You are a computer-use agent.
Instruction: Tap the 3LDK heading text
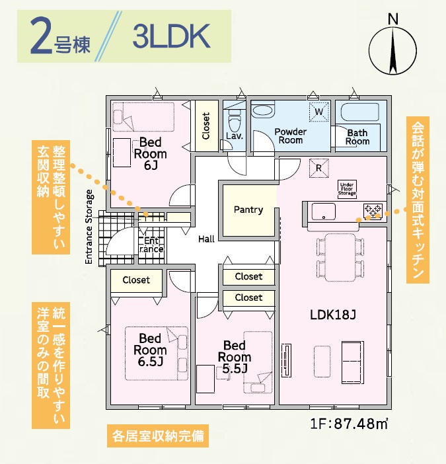pyautogui.click(x=171, y=37)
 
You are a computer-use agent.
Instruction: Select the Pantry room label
pyautogui.click(x=248, y=210)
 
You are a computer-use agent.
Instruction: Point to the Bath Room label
pyautogui.click(x=357, y=137)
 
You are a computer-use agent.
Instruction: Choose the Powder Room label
pyautogui.click(x=290, y=135)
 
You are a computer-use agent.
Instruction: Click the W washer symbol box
pyautogui.click(x=318, y=112)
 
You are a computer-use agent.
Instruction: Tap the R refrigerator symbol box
pyautogui.click(x=318, y=168)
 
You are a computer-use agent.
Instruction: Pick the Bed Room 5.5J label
pyautogui.click(x=235, y=357)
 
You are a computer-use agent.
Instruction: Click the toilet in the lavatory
pyautogui.click(x=233, y=120)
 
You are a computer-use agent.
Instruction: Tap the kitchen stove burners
pyautogui.click(x=373, y=212)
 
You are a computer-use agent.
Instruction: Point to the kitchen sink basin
pyautogui.click(x=324, y=212)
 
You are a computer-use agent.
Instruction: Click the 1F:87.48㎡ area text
pyautogui.click(x=348, y=424)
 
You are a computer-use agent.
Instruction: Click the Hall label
pyautogui.click(x=205, y=239)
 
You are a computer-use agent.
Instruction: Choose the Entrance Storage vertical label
pyautogui.click(x=89, y=227)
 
